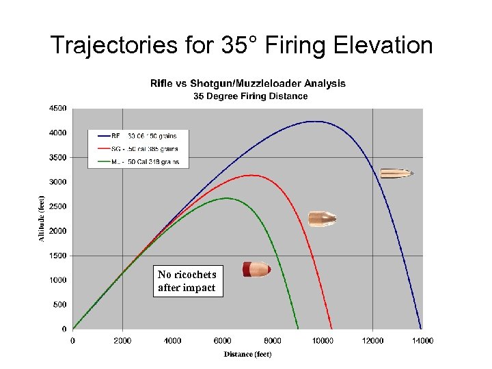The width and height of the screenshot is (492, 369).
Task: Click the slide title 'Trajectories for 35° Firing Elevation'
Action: pos(242,45)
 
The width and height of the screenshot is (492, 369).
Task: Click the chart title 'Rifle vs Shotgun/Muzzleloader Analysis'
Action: pos(248,83)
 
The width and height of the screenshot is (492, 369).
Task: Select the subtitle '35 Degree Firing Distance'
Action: pos(250,96)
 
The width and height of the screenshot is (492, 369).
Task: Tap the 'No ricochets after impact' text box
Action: pos(187,281)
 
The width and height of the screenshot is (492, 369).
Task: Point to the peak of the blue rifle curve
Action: pos(314,122)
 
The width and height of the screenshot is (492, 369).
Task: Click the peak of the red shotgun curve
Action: pos(252,175)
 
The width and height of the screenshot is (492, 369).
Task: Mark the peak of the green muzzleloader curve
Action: pos(226,198)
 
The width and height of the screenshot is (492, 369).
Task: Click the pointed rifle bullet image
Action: pos(396,174)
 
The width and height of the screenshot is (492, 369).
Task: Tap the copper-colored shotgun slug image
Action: pos(322,219)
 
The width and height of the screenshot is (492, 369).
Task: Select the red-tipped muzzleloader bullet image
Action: pos(257,269)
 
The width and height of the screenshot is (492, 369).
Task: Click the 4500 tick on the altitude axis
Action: pos(57,108)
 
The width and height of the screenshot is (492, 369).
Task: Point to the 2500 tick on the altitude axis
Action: pos(57,206)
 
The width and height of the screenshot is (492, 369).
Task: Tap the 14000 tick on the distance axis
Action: pos(421,340)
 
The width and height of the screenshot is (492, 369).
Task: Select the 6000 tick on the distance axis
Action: pos(223,340)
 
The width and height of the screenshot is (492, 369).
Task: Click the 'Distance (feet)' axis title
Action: pos(247,354)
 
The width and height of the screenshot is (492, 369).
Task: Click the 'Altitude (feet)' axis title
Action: pos(41,218)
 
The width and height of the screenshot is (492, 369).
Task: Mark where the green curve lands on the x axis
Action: pos(298,329)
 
